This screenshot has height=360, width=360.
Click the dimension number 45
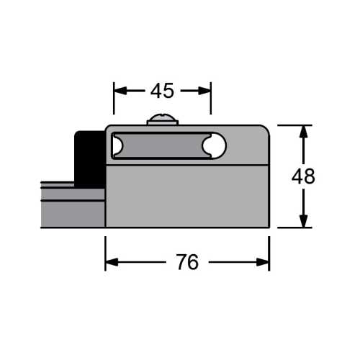[x=162, y=91]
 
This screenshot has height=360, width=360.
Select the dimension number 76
[x=186, y=263]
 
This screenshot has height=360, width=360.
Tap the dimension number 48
[x=303, y=176]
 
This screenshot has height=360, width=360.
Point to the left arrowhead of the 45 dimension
[x=120, y=91]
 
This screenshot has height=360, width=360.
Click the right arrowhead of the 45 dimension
[x=204, y=91]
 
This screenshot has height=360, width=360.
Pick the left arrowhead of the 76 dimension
[x=112, y=263]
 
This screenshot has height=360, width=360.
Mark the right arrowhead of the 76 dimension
[x=263, y=263]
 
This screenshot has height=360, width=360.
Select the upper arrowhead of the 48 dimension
[x=303, y=131]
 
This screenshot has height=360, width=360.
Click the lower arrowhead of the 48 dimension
[x=303, y=221]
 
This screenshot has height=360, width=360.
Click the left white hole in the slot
[x=116, y=146]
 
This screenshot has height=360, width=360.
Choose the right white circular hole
[x=213, y=146]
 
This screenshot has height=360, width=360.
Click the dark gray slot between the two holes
[x=164, y=146]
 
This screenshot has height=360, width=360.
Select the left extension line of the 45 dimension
[x=114, y=101]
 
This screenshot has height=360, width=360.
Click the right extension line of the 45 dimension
[x=211, y=101]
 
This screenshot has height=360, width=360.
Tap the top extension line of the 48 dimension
[x=292, y=125]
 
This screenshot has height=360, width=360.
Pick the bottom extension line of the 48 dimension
[x=292, y=228]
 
